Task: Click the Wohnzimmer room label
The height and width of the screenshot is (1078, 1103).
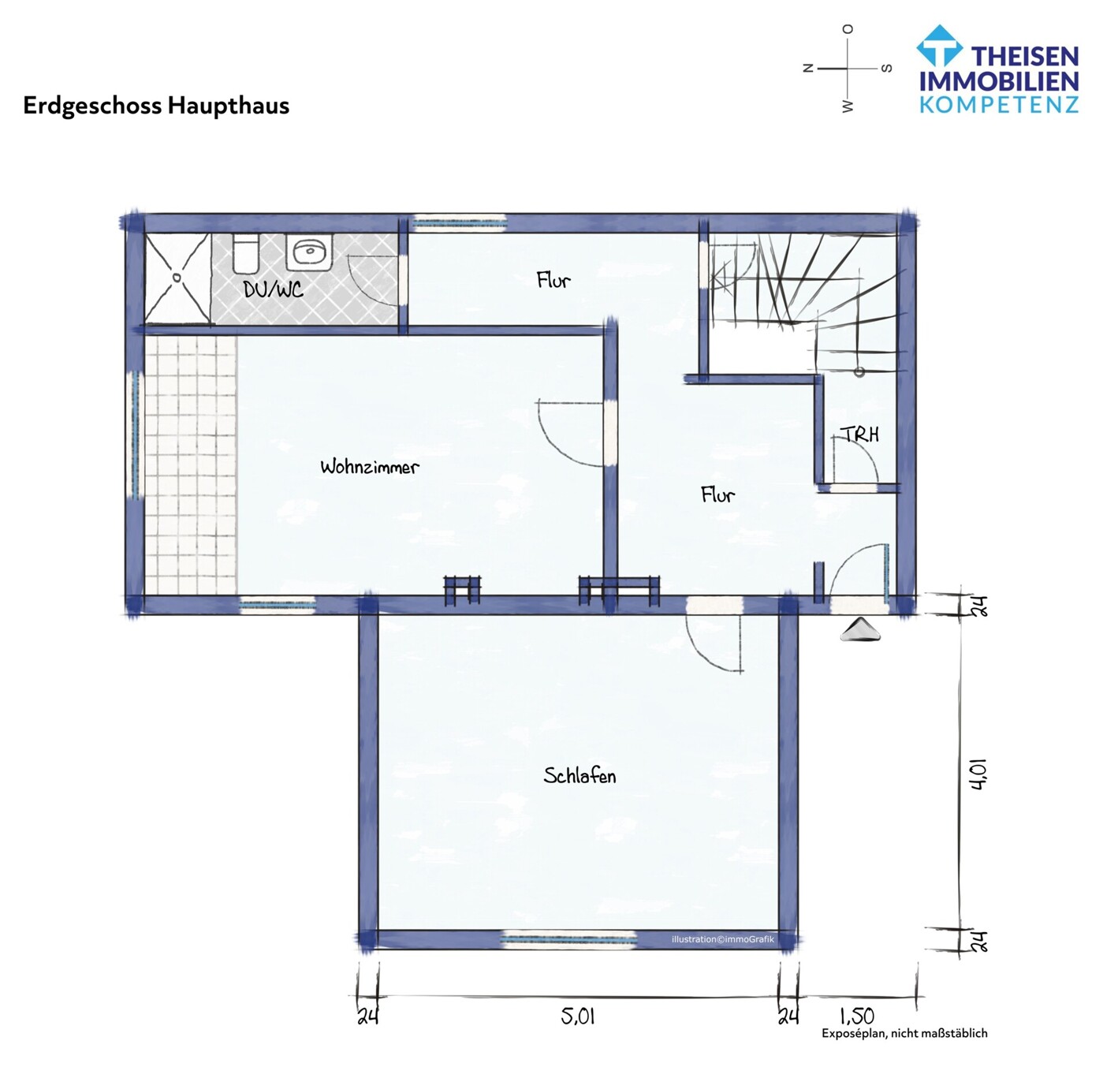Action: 369,467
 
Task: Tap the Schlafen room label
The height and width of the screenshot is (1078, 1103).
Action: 579,776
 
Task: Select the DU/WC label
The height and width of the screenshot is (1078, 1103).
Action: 273,290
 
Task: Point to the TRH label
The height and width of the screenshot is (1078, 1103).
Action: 859,435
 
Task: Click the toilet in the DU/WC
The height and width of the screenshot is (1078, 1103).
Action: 245,253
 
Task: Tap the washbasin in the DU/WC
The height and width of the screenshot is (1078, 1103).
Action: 309,252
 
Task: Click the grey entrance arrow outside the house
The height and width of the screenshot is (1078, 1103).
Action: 859,629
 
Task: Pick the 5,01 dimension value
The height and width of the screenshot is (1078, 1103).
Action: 578,1016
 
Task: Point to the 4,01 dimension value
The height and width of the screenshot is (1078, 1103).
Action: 978,774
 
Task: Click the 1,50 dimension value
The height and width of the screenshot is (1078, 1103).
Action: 856,1016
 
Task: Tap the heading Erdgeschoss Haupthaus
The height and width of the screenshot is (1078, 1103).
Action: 156,106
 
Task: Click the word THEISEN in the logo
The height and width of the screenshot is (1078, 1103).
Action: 1024,57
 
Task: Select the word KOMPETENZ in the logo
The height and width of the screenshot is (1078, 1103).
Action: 999,105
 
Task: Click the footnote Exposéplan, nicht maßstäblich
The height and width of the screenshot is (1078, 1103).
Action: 904,1033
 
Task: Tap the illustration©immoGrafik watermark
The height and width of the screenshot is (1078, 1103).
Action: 722,939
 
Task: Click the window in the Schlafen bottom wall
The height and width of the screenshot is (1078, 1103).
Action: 569,938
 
